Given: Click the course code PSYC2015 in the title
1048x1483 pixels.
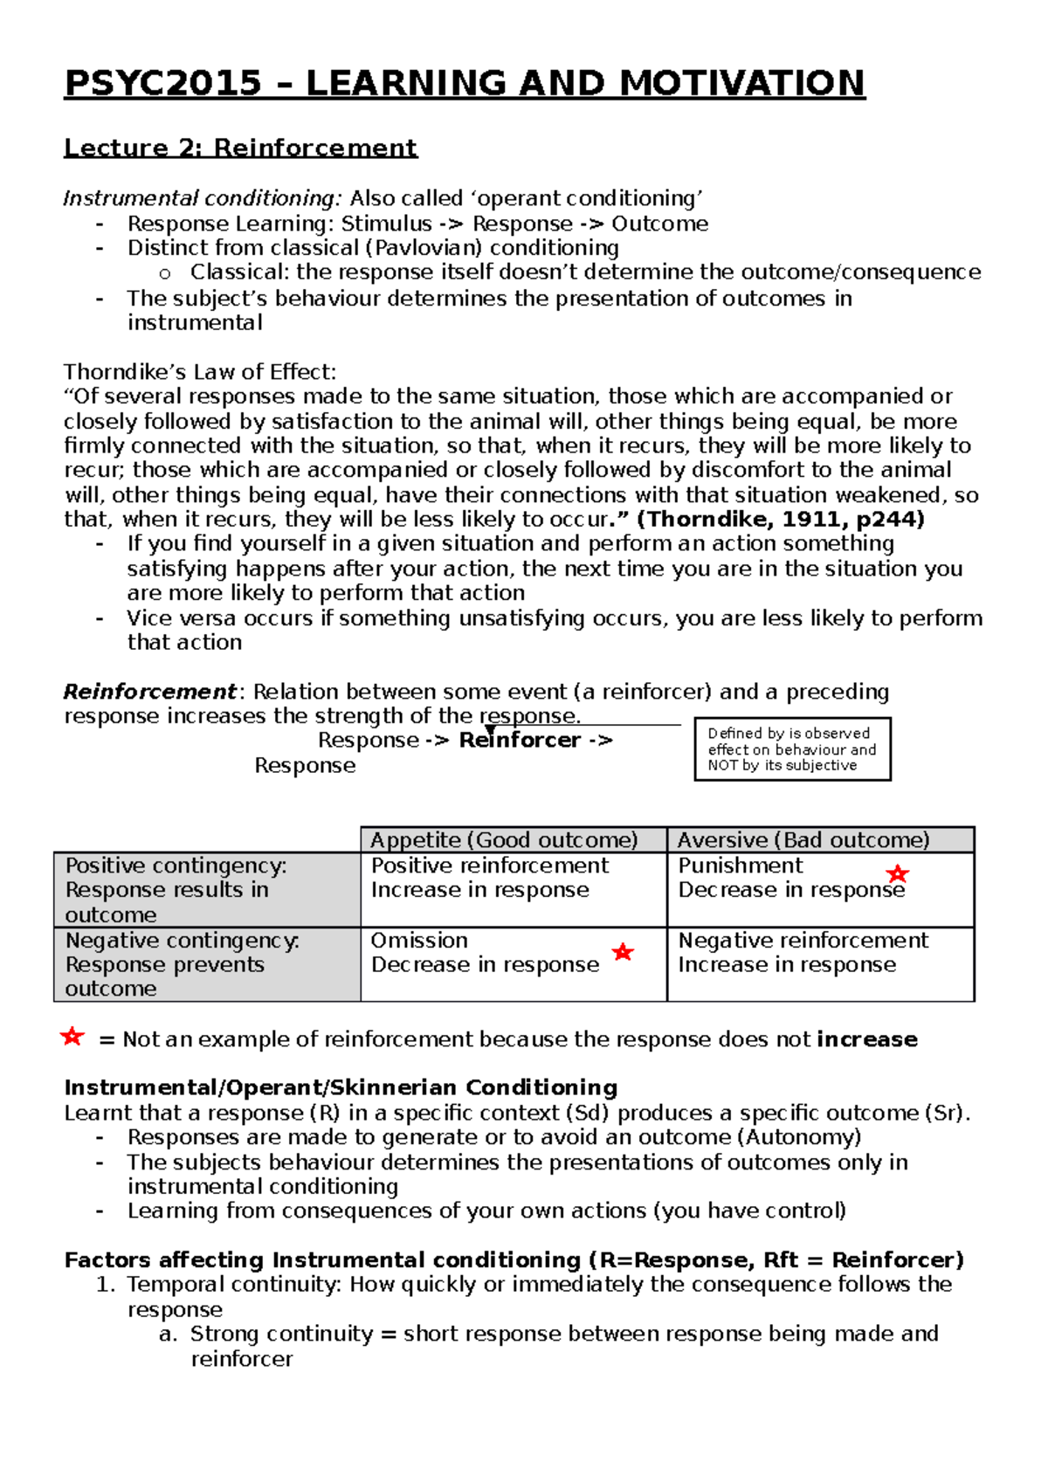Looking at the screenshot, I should pos(163,83).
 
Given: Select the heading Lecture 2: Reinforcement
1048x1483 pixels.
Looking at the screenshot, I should pos(240,148).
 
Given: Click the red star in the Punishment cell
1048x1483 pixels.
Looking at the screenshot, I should pos(897,873).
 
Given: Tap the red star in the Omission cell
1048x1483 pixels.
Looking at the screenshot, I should pos(622,951).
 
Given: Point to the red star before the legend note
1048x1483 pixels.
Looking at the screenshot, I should pos(72,1037).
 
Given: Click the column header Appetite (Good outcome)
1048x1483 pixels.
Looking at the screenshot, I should pos(504,840).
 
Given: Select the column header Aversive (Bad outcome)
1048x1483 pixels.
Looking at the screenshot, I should pos(803,840).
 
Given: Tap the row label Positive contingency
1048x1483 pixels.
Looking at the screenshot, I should pos(175,866).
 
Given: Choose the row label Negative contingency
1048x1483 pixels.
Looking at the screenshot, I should pos(182,941).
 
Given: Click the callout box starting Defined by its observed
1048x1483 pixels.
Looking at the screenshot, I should pos(791,749).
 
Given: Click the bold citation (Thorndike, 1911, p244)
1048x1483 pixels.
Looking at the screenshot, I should pos(780,520).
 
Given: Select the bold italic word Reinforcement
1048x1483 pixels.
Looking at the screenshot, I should pos(148,692).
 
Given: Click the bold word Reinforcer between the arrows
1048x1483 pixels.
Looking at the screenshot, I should pos(520,741).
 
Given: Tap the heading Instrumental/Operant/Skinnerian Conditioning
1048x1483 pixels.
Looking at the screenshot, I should pos(341,1087).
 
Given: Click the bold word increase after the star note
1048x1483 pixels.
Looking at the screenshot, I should pos(866,1039).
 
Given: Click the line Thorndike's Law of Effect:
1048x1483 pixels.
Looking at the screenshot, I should pos(199,372).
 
